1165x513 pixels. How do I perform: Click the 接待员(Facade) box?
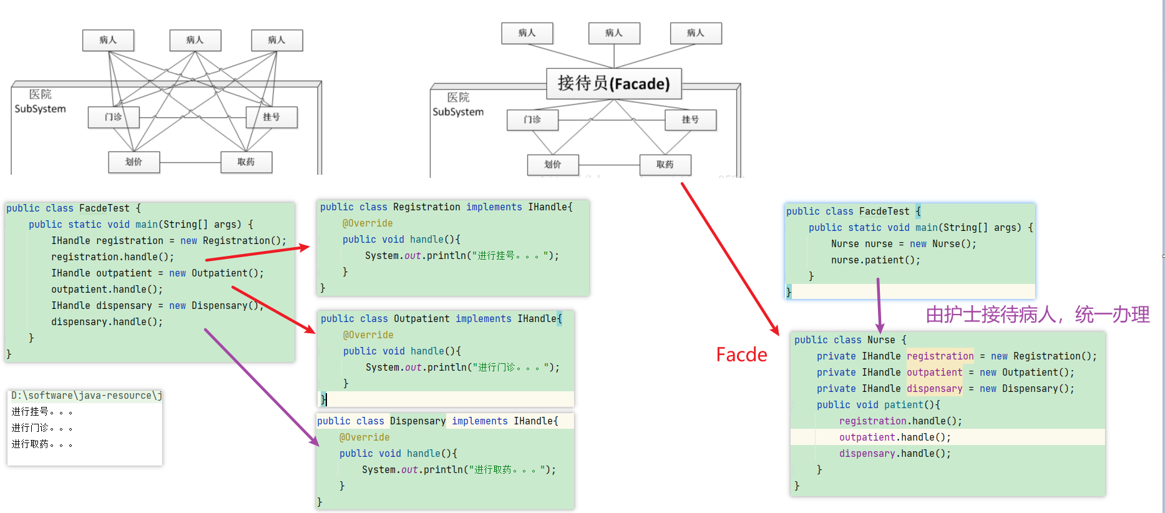613,84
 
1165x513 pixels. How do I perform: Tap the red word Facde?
741,354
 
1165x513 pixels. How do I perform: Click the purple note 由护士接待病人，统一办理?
1037,315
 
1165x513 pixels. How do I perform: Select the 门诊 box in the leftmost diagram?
113,117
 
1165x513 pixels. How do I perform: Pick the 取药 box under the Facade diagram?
665,165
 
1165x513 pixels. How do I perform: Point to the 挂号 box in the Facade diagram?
690,120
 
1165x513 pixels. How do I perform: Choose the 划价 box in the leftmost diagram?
134,162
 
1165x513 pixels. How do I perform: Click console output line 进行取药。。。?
42,444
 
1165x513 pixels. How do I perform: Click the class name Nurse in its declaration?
880,340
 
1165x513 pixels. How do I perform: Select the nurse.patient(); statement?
875,260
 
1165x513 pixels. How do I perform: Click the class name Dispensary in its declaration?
417,421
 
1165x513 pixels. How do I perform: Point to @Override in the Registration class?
368,223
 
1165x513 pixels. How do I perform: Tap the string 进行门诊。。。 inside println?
509,368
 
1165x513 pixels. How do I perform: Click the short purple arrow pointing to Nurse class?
879,306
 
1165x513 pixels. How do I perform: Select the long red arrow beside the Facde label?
730,259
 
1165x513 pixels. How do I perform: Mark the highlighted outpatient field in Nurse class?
934,373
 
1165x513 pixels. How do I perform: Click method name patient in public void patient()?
903,405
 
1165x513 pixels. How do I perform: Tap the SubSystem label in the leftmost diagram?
40,109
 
